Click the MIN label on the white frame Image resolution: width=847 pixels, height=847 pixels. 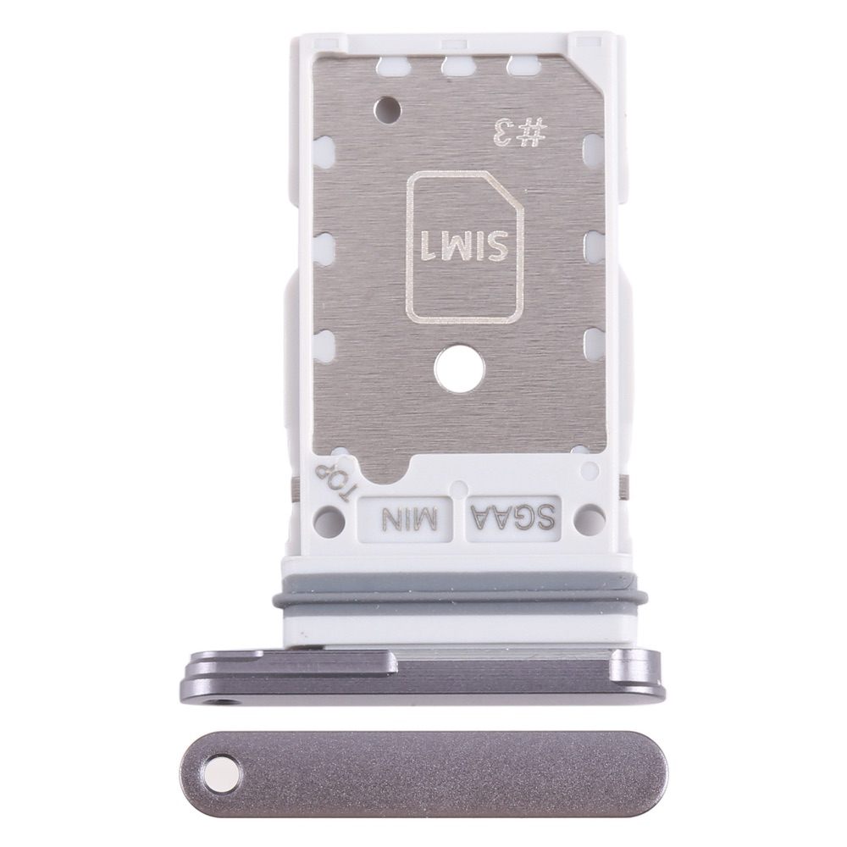click(x=409, y=515)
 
